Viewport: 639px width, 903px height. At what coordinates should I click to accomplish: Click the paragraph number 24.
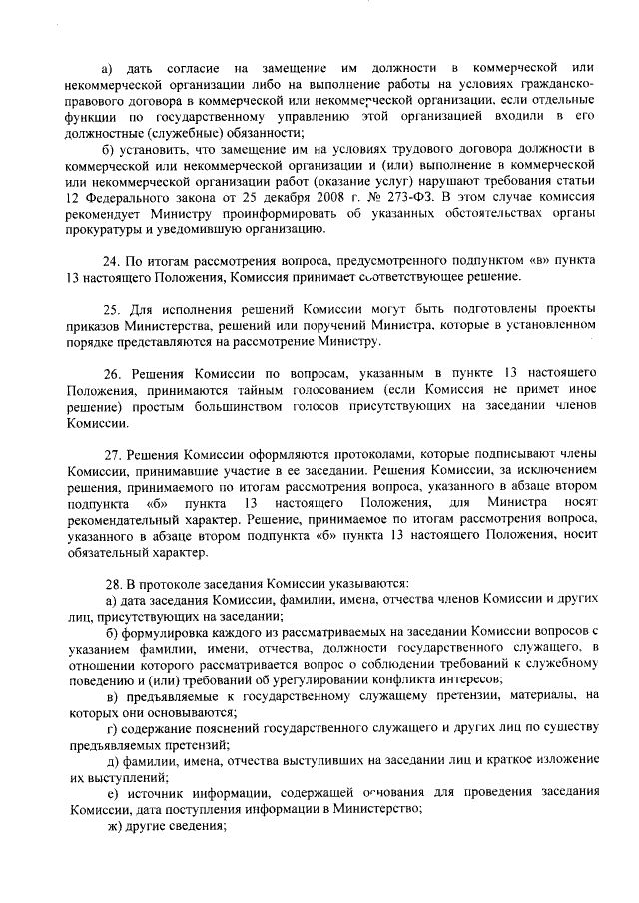(113, 257)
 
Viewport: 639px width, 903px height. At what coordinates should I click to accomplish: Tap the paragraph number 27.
(113, 451)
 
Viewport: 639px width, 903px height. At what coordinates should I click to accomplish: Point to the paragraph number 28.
(113, 582)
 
